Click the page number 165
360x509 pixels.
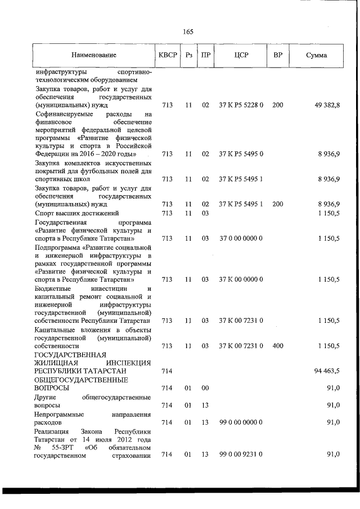[188, 31]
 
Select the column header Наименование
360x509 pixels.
[94, 55]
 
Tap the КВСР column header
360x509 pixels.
[167, 55]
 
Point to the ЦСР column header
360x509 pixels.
[241, 55]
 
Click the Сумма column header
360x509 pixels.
[316, 55]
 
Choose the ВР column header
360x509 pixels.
[277, 55]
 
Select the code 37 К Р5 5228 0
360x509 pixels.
[241, 105]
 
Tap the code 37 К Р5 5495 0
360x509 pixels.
[241, 153]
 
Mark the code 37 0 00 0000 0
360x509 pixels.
[241, 238]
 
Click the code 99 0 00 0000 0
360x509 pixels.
[241, 422]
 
